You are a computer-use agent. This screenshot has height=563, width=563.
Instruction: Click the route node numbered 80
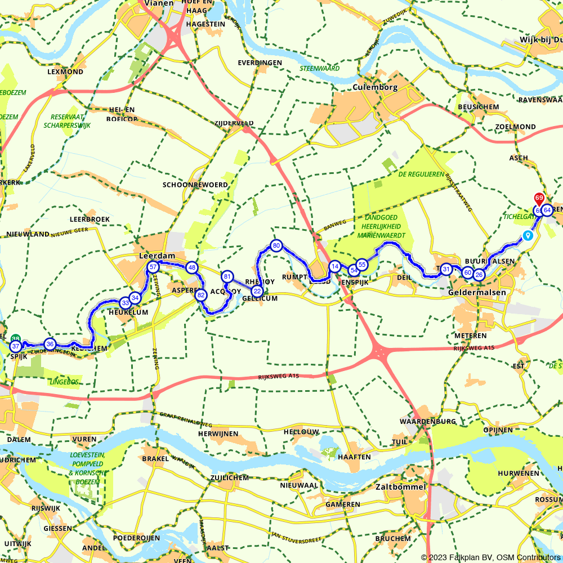click(276, 245)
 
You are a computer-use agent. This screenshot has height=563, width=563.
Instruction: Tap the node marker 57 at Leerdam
click(153, 267)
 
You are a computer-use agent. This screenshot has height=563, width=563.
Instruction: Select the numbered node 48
click(192, 267)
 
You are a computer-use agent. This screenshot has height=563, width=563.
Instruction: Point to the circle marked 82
click(200, 294)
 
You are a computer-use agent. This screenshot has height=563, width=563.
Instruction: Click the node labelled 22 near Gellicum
click(257, 291)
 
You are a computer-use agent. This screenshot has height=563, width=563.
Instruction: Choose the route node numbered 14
click(335, 266)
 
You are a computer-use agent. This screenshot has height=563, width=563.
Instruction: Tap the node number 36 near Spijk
click(50, 344)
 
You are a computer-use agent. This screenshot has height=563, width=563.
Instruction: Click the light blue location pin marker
click(528, 236)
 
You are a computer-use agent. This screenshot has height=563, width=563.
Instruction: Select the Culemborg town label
click(375, 87)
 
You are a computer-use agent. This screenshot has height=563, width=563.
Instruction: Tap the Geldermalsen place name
click(477, 293)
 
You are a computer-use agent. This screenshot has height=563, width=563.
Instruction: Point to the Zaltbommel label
click(400, 486)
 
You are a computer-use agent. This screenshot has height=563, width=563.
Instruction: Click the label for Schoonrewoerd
click(195, 185)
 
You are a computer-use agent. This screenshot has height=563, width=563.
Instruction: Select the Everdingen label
click(260, 62)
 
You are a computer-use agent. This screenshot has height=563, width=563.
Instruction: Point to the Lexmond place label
click(65, 72)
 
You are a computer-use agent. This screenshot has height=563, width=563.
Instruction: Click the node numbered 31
click(446, 269)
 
